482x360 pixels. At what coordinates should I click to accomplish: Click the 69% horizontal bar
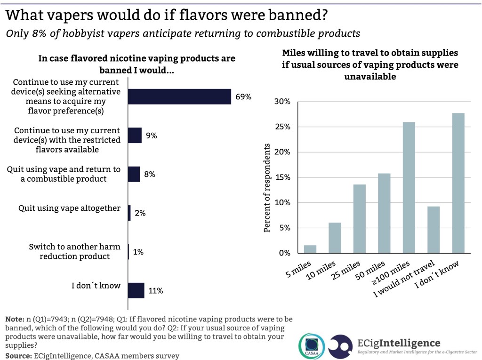[180, 96]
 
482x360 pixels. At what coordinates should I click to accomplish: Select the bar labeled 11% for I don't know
[136, 290]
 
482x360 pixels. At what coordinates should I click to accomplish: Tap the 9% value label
[151, 136]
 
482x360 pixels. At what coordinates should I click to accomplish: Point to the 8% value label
[150, 174]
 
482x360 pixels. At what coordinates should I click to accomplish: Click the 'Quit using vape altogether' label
[69, 208]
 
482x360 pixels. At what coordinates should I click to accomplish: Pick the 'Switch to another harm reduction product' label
[74, 251]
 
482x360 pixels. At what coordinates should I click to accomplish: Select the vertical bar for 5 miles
[310, 249]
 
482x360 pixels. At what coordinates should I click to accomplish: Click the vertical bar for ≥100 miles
[409, 187]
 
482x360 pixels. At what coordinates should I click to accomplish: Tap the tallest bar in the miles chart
[458, 183]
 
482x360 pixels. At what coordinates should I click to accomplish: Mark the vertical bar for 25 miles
[360, 218]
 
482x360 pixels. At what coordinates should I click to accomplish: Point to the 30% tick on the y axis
[282, 102]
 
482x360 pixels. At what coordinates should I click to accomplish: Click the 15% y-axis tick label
[282, 178]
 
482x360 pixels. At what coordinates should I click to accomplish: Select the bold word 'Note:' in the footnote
[15, 318]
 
